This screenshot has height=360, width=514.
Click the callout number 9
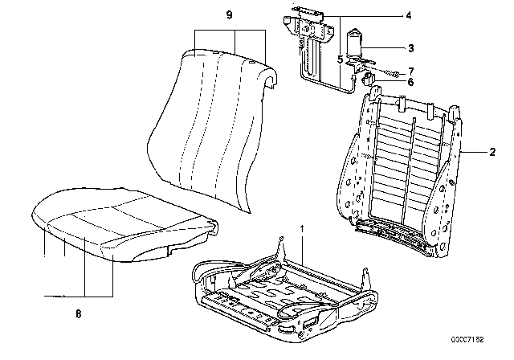(x=229, y=14)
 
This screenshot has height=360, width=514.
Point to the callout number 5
(x=341, y=59)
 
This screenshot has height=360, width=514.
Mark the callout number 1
(x=302, y=227)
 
